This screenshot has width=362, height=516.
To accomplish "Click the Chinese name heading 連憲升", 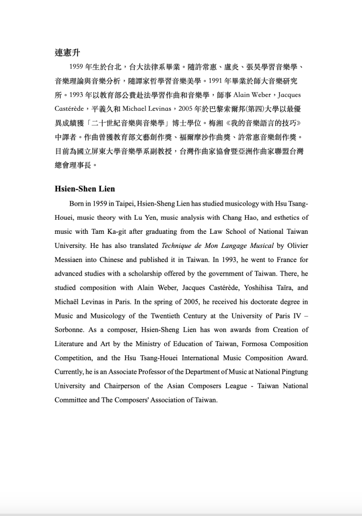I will point(68,52).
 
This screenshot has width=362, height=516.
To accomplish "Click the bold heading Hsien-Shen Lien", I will point(85,189).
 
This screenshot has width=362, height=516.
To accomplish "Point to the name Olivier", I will point(295,246).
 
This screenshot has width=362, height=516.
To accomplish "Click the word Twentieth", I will point(170,316).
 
